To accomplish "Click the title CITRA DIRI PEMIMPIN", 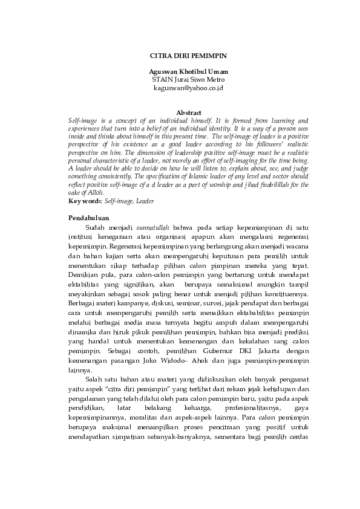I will click(x=188, y=55).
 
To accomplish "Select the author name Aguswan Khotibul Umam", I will click(x=188, y=71).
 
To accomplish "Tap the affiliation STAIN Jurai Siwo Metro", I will click(x=188, y=79).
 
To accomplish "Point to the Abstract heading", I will click(x=188, y=112).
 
